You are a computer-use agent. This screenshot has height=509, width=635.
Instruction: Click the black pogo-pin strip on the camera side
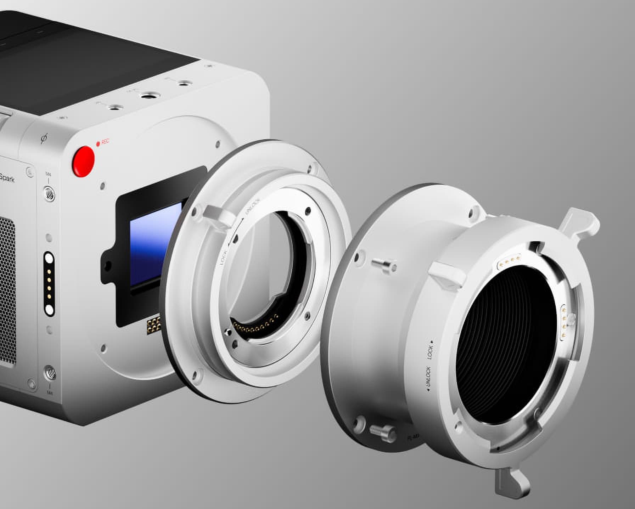49,283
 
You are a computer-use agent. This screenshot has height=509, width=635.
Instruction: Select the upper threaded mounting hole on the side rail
49,193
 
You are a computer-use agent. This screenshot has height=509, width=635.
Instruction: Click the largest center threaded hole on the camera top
146,96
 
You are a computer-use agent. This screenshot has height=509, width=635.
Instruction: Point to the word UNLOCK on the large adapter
428,379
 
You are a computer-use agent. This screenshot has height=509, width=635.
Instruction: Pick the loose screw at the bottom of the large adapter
382,431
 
